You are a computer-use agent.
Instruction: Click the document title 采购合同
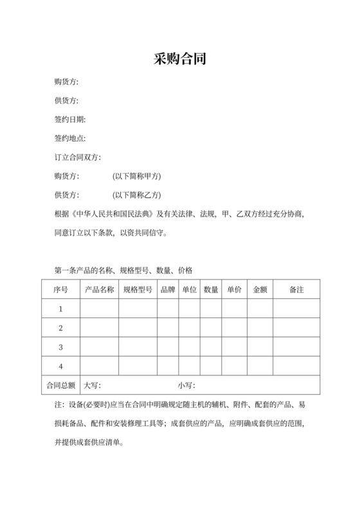point(179,60)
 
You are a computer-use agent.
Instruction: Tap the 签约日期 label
point(70,120)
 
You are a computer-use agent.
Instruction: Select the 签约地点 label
point(70,139)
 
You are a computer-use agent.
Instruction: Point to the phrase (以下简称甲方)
point(136,176)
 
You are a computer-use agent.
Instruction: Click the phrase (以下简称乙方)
point(136,195)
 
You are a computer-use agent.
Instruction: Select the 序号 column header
point(60,290)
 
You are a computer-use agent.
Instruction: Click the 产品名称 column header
point(99,290)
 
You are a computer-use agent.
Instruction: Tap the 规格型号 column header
point(138,290)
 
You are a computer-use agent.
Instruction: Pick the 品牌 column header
point(168,290)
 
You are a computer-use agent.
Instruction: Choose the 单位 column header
point(189,290)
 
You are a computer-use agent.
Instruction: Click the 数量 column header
point(211,290)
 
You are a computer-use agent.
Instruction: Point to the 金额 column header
point(260,290)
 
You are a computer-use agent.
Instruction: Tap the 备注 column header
point(296,290)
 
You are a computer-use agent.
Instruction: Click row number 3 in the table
point(60,348)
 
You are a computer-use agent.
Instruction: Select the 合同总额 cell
point(60,386)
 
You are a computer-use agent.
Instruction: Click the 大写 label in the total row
point(93,386)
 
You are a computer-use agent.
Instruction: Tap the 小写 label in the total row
point(186,386)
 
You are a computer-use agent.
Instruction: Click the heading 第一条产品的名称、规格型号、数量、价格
point(124,270)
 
